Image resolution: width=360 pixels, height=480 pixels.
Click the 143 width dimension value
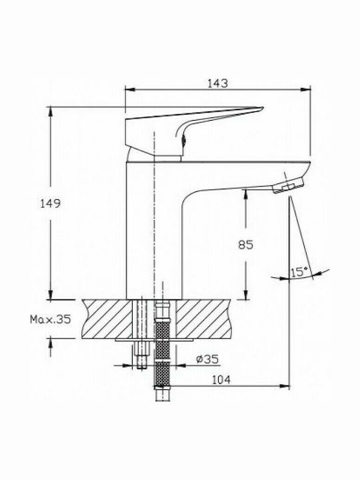tap(218, 83)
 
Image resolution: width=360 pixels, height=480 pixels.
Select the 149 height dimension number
tap(51, 203)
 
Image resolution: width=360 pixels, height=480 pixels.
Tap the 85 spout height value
tap(246, 245)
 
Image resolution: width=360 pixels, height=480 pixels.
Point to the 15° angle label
tap(299, 271)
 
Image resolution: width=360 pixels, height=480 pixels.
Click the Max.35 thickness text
tap(50, 319)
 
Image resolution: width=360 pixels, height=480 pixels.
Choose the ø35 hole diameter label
tap(207, 359)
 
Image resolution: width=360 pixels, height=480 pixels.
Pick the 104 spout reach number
tap(221, 379)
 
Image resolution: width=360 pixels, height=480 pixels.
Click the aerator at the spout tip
tap(289, 185)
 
